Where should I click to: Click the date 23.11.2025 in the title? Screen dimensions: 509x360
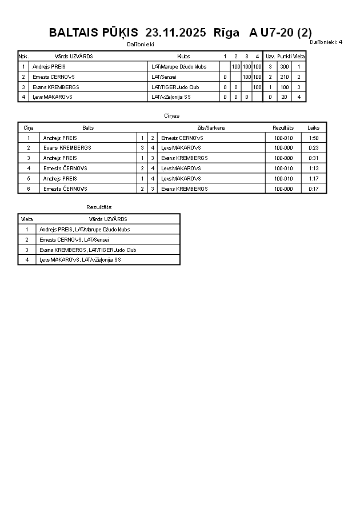[x=176, y=33]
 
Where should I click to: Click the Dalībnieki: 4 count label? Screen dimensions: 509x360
[x=326, y=42]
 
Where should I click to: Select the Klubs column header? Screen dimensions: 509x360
[x=183, y=57]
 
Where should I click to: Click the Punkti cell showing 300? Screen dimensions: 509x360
[x=284, y=67]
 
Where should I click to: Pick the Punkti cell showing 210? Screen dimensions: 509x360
[x=284, y=77]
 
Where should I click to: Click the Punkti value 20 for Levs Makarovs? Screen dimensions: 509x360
[x=284, y=97]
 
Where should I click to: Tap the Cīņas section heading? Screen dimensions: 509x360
[x=171, y=116]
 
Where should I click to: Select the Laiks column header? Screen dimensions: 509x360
[x=314, y=128]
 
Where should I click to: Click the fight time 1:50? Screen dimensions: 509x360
[x=314, y=138]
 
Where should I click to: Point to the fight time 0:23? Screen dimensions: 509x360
[x=314, y=148]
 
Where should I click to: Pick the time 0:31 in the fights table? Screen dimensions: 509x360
[x=314, y=158]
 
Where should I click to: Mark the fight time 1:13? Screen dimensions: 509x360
[x=314, y=169]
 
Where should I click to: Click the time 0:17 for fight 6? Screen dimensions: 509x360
[x=314, y=189]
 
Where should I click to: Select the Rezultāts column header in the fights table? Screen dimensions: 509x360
[x=283, y=128]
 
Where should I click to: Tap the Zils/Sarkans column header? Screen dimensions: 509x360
[x=211, y=128]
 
